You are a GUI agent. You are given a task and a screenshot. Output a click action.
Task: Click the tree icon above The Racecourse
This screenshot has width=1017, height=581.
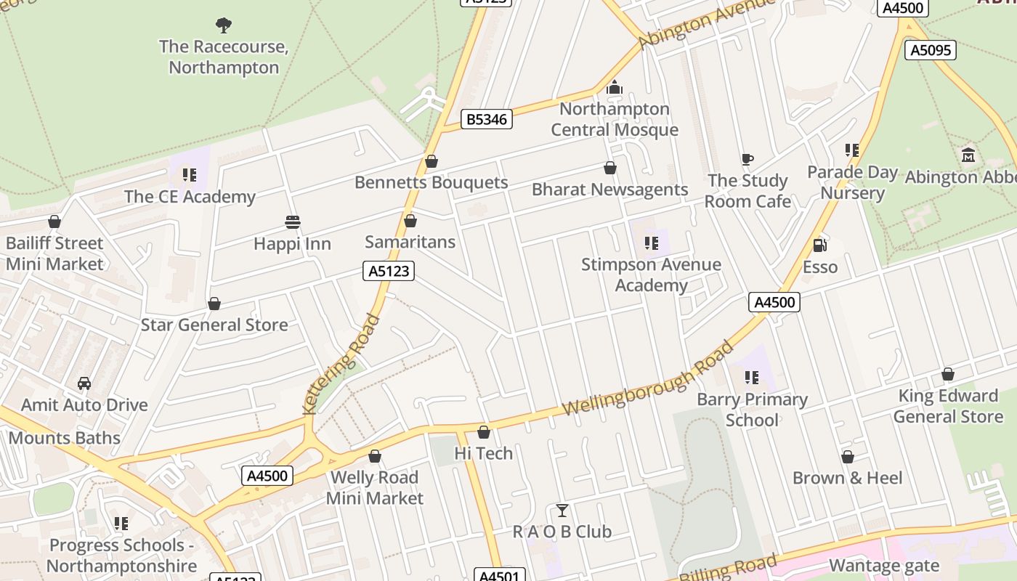[224, 25]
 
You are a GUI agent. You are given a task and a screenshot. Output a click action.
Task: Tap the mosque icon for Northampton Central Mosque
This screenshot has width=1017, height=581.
[615, 88]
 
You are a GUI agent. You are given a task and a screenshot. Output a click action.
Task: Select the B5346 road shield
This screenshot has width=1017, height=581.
[487, 119]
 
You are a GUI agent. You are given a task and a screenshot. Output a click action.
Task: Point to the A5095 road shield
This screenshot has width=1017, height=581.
[930, 50]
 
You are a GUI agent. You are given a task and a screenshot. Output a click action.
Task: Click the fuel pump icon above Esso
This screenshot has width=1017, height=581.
[820, 245]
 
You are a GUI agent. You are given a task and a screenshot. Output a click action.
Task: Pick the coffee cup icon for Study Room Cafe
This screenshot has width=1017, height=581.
[747, 159]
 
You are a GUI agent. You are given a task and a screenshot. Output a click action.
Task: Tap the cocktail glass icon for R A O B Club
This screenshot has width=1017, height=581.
[562, 510]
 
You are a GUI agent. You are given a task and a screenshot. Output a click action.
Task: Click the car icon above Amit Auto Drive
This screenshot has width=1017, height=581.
[84, 383]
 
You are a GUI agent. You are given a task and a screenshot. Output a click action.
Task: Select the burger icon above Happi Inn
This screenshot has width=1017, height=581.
[293, 222]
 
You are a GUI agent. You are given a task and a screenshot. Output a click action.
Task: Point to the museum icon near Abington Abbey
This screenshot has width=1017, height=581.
[968, 155]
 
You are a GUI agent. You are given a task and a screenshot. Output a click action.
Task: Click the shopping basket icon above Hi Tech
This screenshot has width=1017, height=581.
[484, 432]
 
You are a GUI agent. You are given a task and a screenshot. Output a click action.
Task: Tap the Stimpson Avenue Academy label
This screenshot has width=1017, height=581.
[651, 275]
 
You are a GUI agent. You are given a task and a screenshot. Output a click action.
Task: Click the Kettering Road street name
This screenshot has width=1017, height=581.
[341, 364]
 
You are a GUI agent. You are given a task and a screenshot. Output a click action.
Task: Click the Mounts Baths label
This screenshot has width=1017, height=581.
[65, 437]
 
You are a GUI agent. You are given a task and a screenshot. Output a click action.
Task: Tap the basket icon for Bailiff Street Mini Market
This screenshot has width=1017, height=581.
[54, 222]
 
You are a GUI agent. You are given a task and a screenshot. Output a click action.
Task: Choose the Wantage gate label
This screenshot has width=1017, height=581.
[884, 565]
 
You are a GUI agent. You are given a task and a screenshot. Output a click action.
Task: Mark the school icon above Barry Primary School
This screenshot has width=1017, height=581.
[752, 378]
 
